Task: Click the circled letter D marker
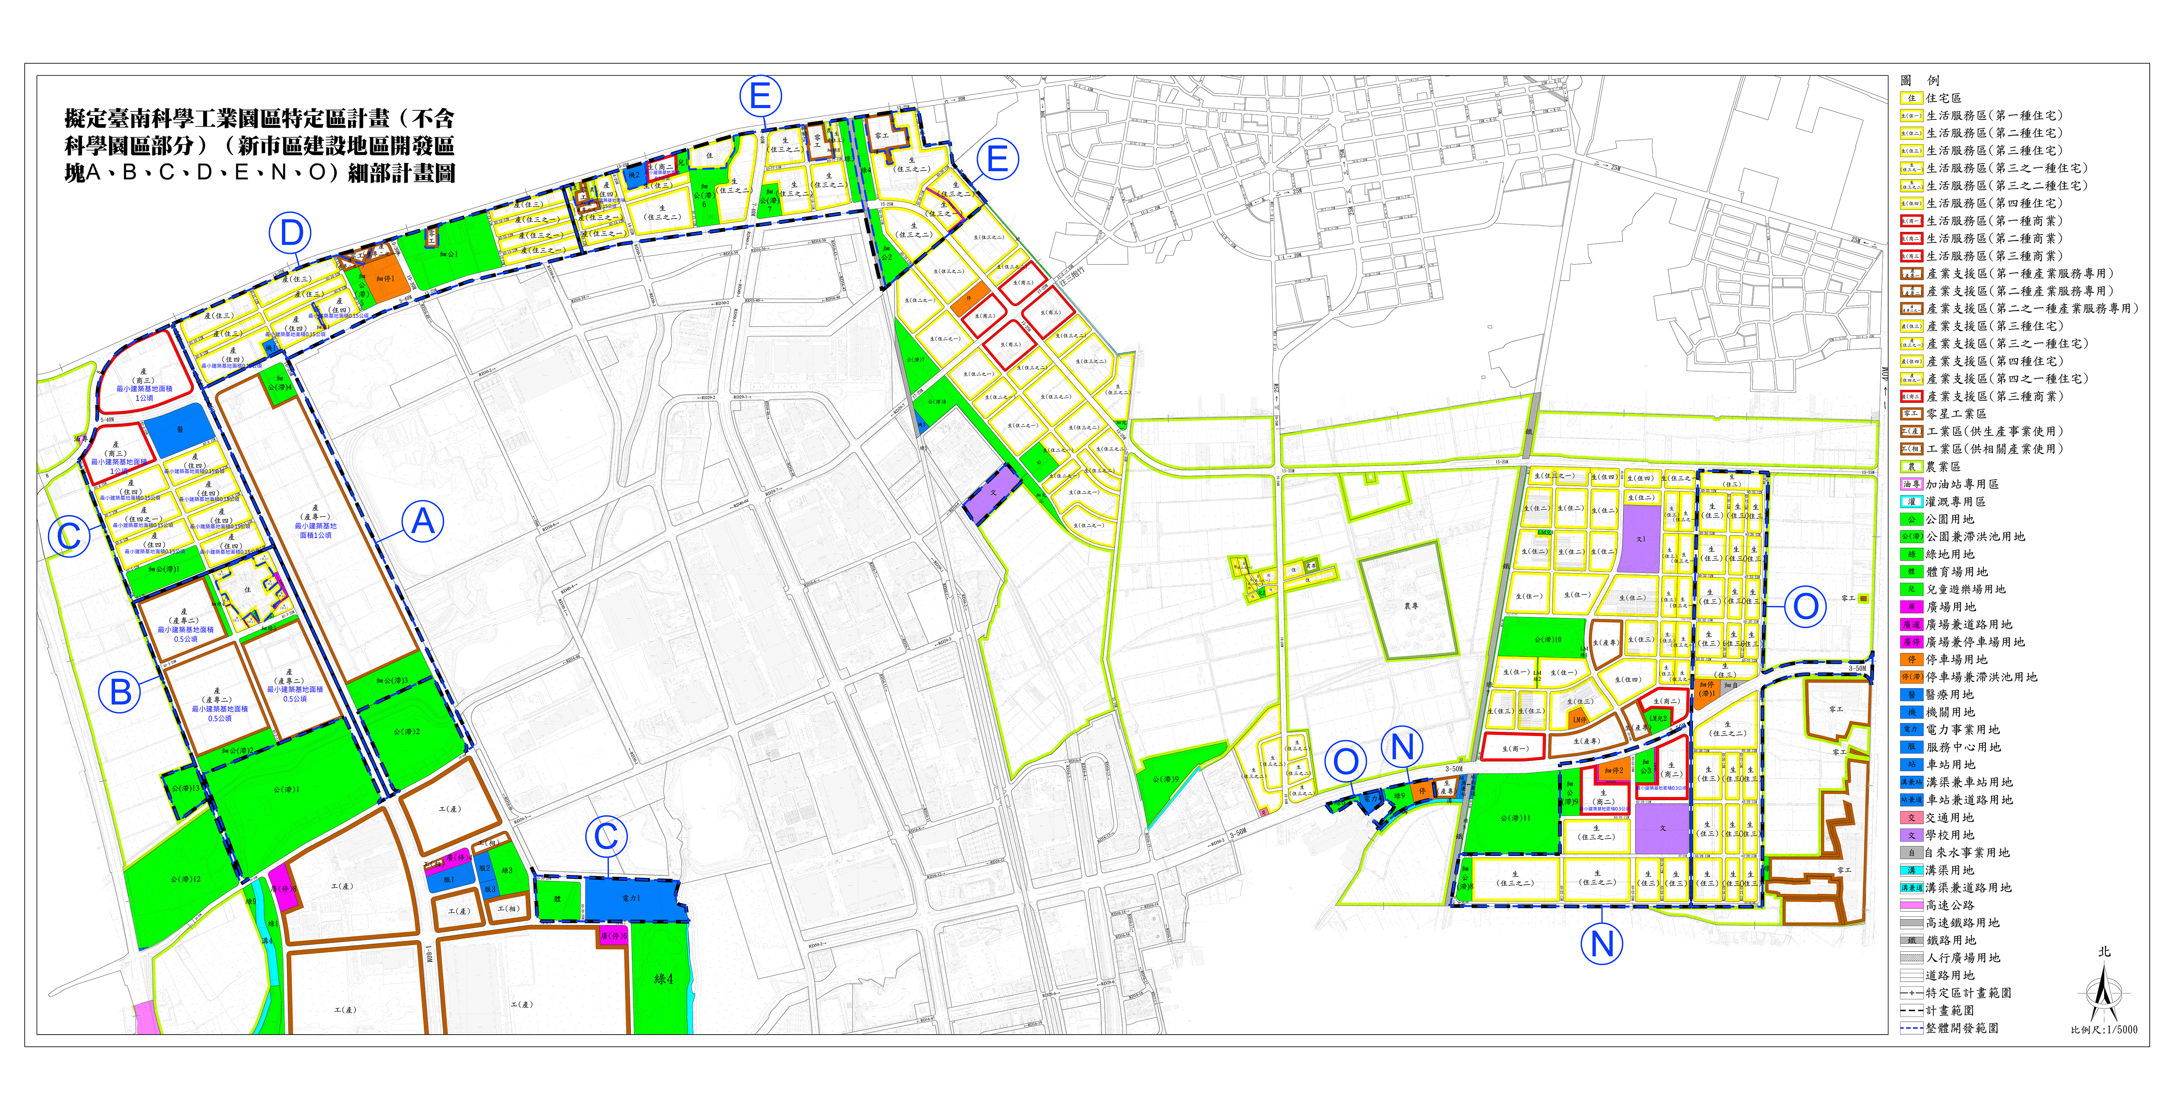[290, 233]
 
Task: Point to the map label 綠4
[663, 979]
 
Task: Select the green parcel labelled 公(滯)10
[1547, 638]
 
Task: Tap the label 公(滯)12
[185, 880]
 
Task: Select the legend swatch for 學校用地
[1912, 835]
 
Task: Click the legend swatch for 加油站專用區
[1912, 484]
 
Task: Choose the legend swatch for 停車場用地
[1912, 659]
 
